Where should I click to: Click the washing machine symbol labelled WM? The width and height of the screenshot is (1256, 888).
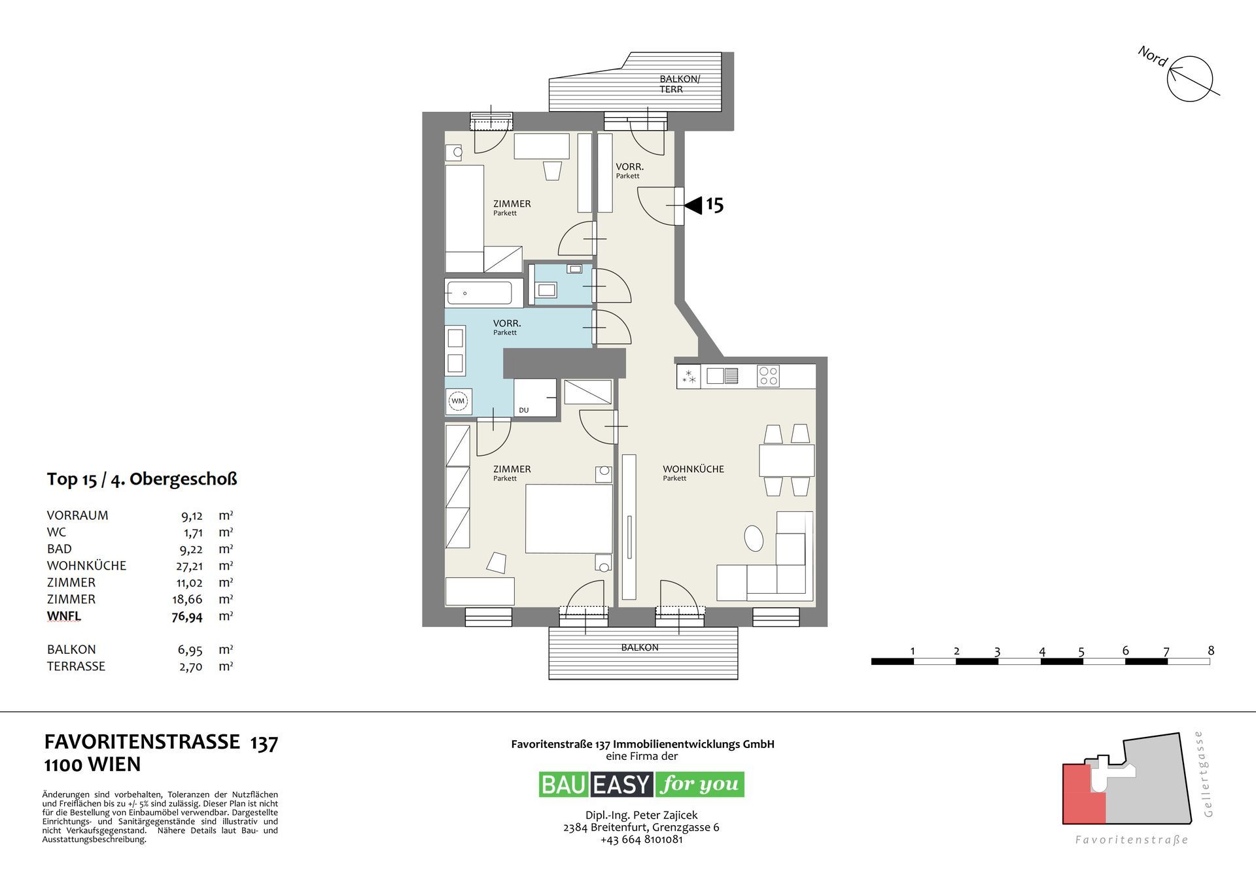coord(458,401)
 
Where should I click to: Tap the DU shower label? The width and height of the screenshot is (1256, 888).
coord(523,411)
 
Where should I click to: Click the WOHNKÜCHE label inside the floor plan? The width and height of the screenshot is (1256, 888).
coord(693,469)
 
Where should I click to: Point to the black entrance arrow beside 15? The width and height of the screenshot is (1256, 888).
coord(693,205)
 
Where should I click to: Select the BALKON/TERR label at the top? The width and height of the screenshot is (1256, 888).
coord(679,84)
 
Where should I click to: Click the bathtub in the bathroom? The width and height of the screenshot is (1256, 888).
coord(478,293)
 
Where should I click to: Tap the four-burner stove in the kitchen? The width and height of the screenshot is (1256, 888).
coord(768,376)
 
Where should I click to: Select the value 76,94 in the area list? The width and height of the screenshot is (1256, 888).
coord(187,617)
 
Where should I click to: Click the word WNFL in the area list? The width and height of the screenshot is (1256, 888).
coord(64,616)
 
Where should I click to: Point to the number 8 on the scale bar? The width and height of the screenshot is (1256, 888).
coord(1211,651)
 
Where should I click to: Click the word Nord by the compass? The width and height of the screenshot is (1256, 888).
coord(1153,56)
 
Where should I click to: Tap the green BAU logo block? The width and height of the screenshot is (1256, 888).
coord(565,784)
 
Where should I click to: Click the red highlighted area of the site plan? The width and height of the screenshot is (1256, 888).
coord(1083,794)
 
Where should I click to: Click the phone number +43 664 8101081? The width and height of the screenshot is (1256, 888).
coord(641,840)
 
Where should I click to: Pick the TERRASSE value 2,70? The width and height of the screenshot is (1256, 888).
coord(190,667)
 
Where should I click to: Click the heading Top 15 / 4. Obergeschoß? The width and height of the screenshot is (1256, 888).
coord(142,479)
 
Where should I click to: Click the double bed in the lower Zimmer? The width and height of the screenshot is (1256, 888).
coord(569,519)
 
